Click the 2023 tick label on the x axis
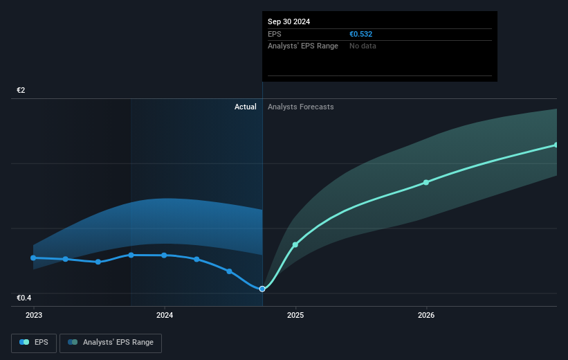tap(33, 315)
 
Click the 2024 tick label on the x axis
tap(165, 315)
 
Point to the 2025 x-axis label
tap(295, 315)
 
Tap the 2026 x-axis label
tap(426, 315)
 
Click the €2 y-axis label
tap(21, 90)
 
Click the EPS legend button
tap(34, 343)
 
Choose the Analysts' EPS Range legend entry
tap(111, 343)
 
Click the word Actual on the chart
tap(245, 107)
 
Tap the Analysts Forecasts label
tap(300, 107)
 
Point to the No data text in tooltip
tap(363, 46)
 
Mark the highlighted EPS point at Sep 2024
tap(262, 289)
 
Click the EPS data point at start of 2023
tap(33, 258)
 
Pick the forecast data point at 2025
tap(295, 244)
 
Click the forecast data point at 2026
tap(426, 182)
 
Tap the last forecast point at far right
tap(556, 145)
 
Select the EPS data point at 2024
tap(164, 255)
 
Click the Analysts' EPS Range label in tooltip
tap(302, 46)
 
